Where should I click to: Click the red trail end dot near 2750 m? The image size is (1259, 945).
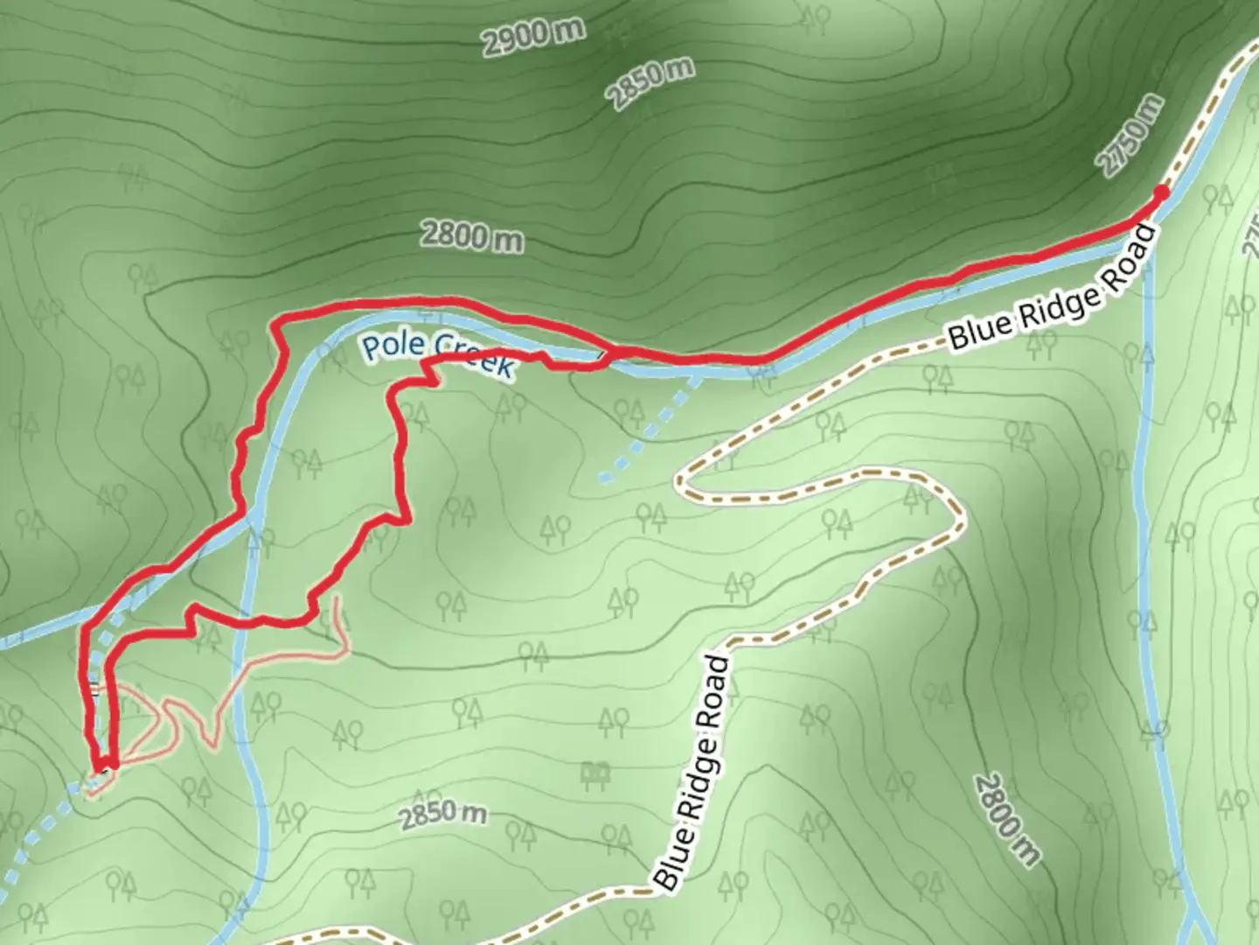coord(1161,192)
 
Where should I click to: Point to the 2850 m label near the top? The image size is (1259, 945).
coord(652,83)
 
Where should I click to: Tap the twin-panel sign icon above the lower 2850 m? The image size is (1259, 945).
coord(596,773)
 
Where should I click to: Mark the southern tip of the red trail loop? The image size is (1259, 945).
coord(103,766)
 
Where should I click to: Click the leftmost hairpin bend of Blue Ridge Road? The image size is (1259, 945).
coord(682,480)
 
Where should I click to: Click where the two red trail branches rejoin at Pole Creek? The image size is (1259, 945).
coord(606,353)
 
